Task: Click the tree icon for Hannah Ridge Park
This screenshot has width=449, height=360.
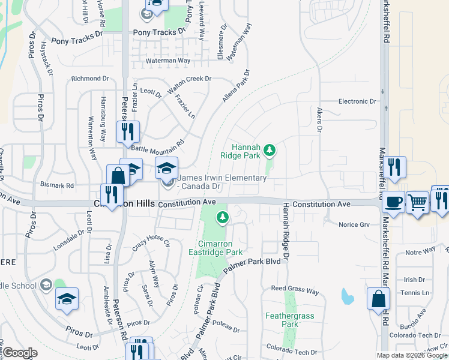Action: point(270,149)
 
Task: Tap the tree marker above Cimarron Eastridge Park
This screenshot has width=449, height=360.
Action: point(223,217)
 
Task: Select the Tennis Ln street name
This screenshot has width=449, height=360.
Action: point(415,293)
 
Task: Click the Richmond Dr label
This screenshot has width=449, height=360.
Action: point(90,79)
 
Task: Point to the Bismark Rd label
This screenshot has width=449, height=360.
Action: point(57,185)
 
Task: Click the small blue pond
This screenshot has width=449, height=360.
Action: point(346,296)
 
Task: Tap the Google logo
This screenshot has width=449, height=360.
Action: point(20,353)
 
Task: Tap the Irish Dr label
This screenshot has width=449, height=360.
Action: point(414,280)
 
